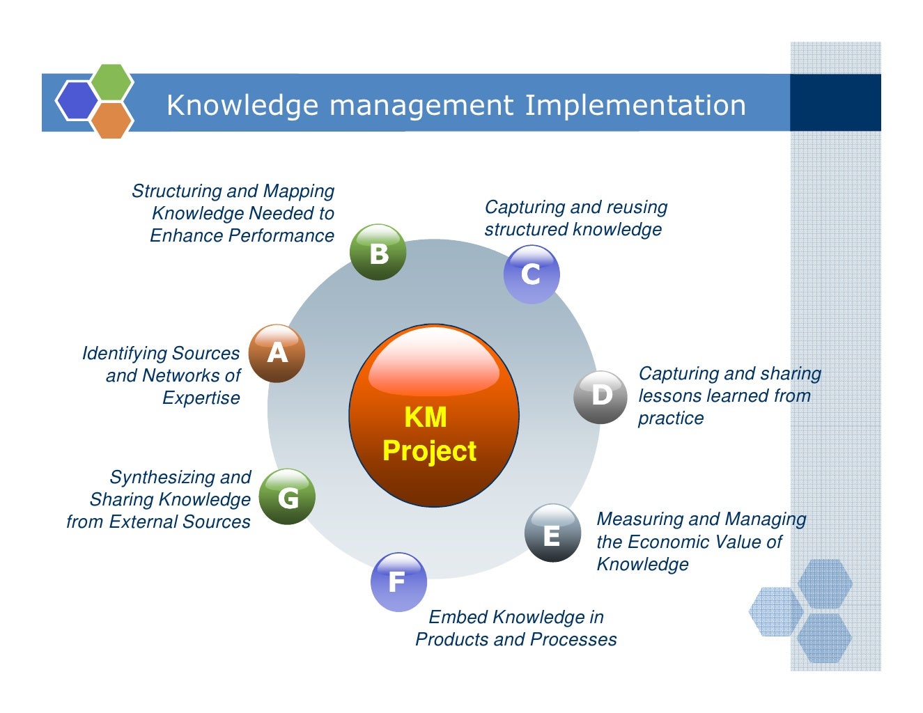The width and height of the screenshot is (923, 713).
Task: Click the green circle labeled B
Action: [x=378, y=252]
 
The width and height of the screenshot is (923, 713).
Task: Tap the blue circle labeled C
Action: [x=531, y=274]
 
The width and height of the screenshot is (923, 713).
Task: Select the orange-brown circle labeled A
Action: [x=277, y=353]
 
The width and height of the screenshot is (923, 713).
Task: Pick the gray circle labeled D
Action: [x=601, y=396]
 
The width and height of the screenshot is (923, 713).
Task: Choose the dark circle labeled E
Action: [x=552, y=533]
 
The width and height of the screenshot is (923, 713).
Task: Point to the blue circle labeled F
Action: [x=398, y=581]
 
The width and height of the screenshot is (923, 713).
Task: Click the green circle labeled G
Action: [x=287, y=496]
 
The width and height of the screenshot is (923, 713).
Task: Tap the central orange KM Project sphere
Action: [x=433, y=416]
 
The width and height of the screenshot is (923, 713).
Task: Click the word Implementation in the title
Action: [x=635, y=105]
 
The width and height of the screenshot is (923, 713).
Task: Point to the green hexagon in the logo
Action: [x=112, y=82]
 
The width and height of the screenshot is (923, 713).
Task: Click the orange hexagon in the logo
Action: [x=111, y=120]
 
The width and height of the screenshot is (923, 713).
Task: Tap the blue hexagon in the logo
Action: [x=76, y=101]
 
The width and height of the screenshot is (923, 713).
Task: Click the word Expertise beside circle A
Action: [x=201, y=398]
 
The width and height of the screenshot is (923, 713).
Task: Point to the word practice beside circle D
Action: [x=671, y=418]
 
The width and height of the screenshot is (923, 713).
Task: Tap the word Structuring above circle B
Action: [x=176, y=191]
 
